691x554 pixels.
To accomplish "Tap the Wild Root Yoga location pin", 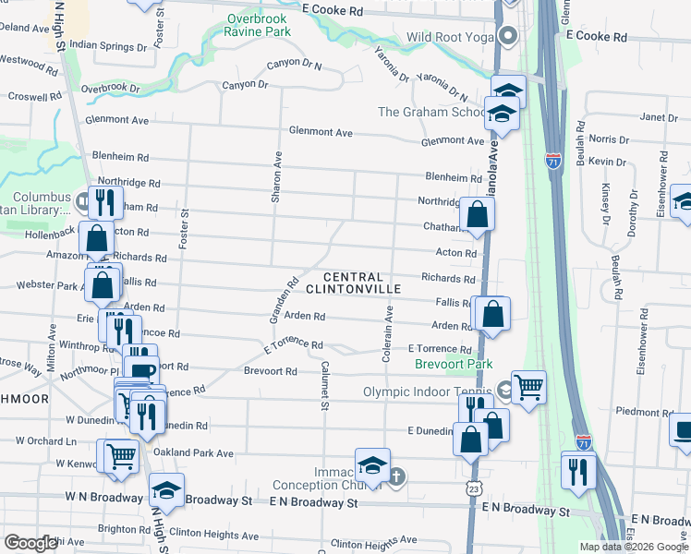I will pos(507,37).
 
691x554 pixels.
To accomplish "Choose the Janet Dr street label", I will pos(659,117).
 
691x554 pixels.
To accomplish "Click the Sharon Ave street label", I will pos(276,178).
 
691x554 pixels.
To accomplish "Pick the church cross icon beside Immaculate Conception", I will pos(396,477).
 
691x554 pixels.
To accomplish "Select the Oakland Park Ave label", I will pos(195,452).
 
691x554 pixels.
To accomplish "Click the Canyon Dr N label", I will pos(294,66).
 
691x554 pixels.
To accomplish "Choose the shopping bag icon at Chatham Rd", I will pos(478,215).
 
